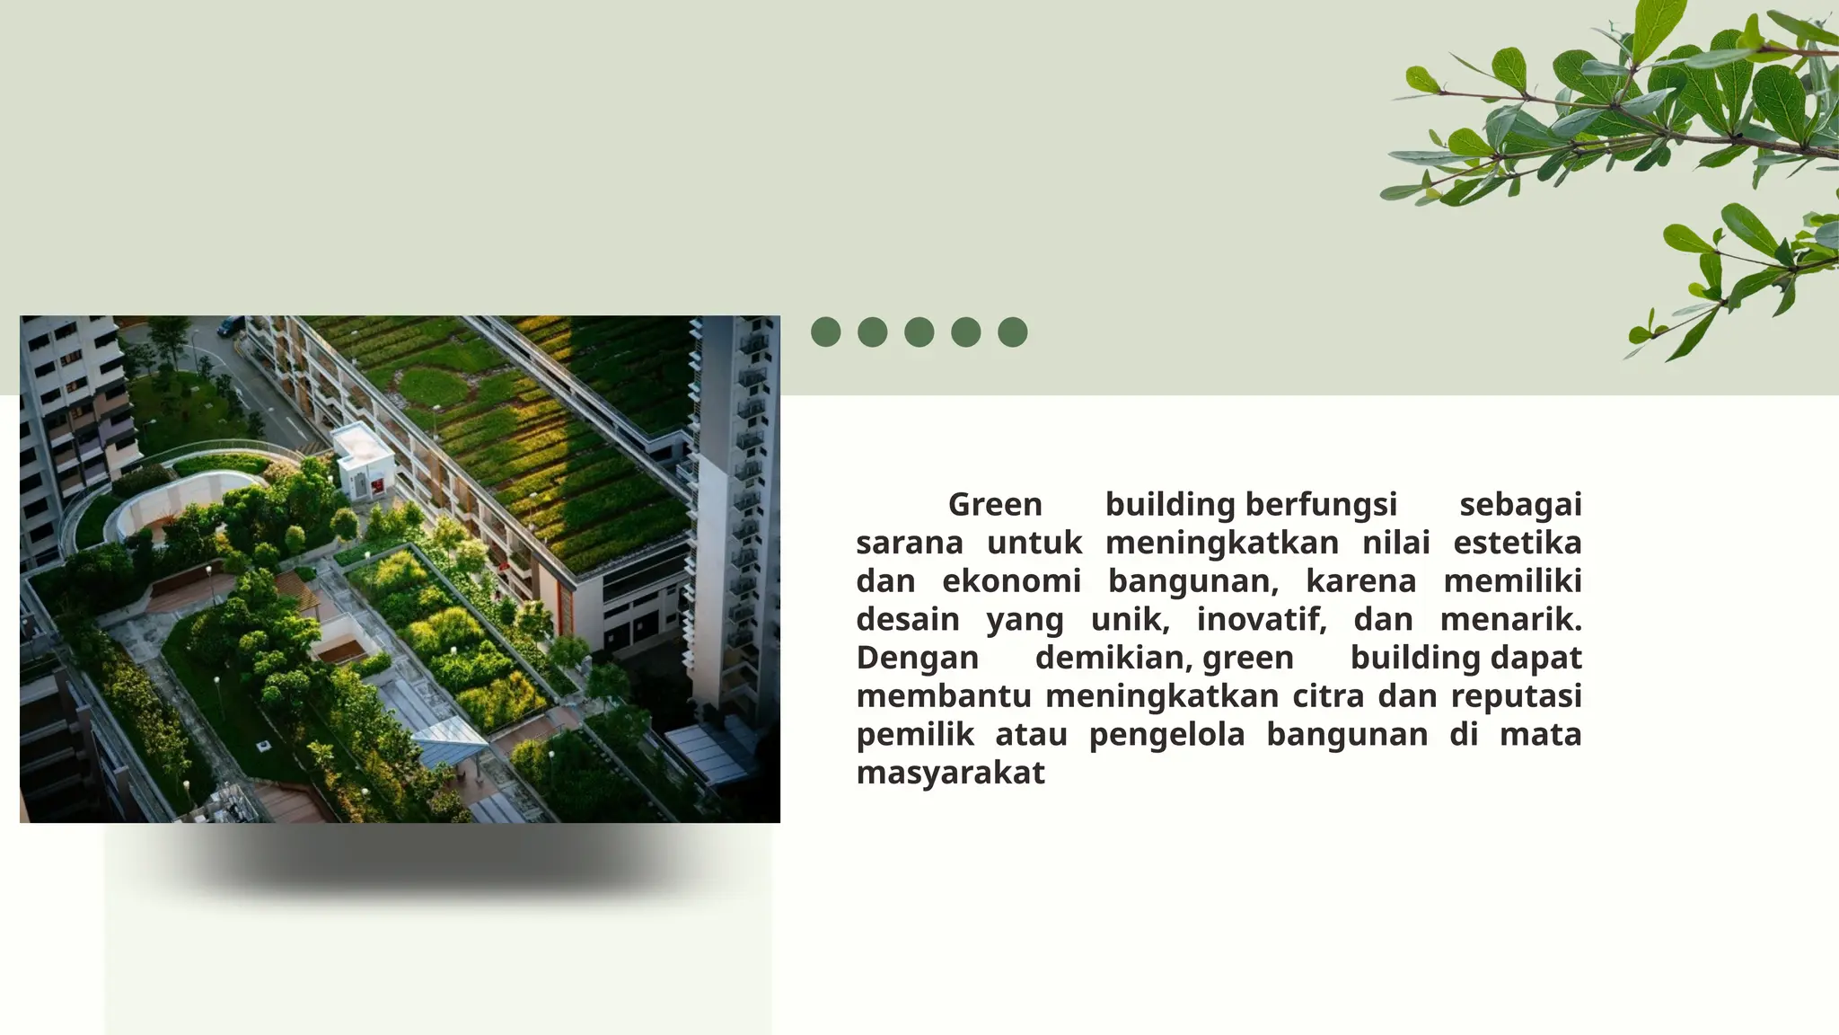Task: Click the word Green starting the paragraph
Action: [995, 505]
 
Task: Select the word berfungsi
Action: [1321, 505]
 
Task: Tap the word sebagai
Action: [1520, 505]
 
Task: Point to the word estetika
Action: [1517, 544]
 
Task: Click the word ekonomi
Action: [1011, 582]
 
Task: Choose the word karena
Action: [1360, 582]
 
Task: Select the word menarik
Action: [1510, 620]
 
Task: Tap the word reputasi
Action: [1516, 696]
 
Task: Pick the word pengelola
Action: [1166, 735]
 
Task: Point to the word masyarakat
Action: [950, 773]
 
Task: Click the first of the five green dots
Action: [825, 332]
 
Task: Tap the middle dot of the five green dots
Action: [919, 332]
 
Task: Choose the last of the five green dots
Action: [1012, 332]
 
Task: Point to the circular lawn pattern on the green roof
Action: [432, 385]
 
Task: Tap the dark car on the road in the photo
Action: [230, 326]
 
